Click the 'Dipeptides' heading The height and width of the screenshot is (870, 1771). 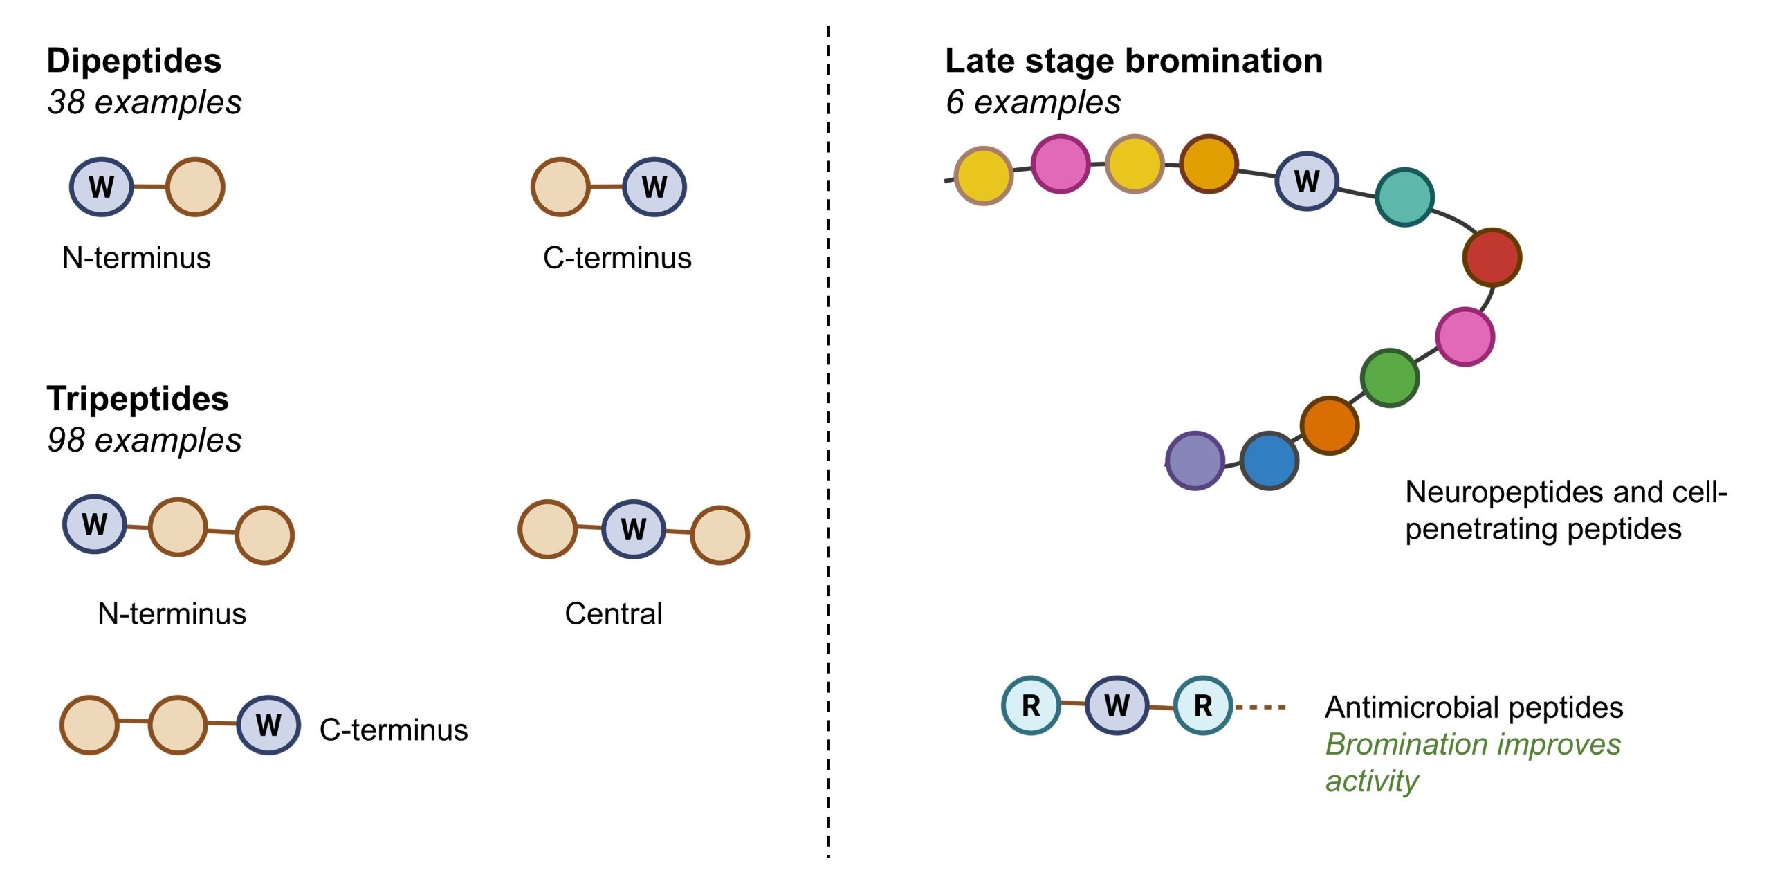134,61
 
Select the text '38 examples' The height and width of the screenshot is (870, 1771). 144,102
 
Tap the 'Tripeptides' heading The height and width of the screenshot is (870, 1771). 137,399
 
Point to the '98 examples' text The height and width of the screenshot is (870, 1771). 144,441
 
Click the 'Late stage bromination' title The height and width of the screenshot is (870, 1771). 1133,61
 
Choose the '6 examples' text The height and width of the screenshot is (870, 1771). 1032,102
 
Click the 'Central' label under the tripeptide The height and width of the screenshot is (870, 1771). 613,613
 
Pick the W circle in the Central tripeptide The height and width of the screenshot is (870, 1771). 633,529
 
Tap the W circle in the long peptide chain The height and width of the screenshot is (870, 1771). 1306,181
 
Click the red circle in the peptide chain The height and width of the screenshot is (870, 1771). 1492,257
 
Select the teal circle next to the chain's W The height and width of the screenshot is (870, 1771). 1404,197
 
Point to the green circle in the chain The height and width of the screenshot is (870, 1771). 1389,378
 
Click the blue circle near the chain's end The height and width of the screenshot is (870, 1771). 1269,461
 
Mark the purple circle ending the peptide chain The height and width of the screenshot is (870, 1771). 1195,461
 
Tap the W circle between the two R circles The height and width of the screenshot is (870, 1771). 1117,705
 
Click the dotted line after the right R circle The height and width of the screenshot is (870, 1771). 1260,707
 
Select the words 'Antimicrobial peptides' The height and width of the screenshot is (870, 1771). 1474,707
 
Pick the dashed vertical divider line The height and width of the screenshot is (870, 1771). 828,443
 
